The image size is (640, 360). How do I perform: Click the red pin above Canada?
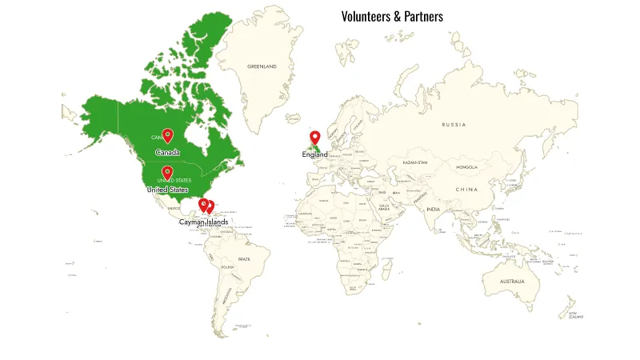[x=167, y=135]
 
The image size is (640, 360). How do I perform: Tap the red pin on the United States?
[x=167, y=172]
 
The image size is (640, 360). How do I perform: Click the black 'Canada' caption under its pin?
[x=167, y=152]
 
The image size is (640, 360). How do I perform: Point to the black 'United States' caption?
[x=168, y=190]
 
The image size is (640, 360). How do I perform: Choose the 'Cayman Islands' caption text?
[x=203, y=222]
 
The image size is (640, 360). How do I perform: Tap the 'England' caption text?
[x=314, y=154]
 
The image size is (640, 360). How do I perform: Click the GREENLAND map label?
[x=262, y=66]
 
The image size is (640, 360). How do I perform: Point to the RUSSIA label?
[x=454, y=125]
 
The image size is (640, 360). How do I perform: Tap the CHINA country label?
[x=466, y=190]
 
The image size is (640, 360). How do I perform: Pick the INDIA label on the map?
[x=433, y=210]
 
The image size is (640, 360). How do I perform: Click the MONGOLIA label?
[x=466, y=167]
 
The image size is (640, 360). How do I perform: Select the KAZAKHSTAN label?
[x=414, y=162]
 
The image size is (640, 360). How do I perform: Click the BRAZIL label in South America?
[x=244, y=259]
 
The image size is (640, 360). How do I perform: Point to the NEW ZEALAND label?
[x=576, y=314]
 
